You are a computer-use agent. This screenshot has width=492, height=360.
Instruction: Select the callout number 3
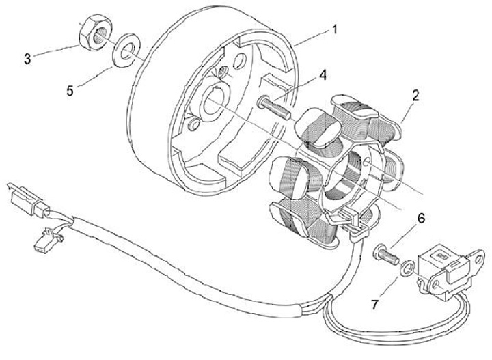coord(27,59)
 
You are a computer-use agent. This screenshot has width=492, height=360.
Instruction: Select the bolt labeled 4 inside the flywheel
coord(271,106)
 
